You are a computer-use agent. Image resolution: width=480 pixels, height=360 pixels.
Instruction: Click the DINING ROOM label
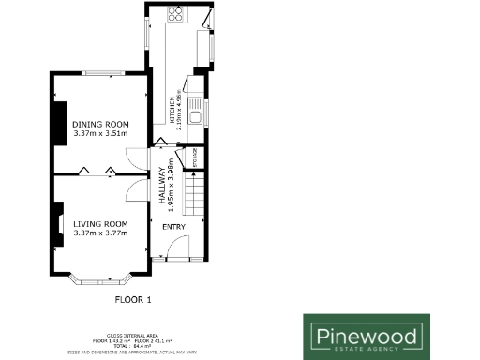(100, 124)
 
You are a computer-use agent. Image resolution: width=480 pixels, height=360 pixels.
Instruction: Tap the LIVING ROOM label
(100, 223)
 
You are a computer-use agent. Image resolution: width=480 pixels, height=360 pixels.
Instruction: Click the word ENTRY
(173, 227)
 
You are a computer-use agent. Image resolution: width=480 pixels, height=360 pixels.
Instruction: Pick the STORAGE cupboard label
(193, 157)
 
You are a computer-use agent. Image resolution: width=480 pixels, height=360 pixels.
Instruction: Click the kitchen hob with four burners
(175, 14)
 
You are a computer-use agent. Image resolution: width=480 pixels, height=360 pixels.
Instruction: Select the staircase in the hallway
(194, 197)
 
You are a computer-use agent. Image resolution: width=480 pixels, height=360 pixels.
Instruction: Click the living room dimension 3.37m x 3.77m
(100, 232)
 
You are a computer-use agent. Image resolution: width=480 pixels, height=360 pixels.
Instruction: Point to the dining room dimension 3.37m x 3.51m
(100, 133)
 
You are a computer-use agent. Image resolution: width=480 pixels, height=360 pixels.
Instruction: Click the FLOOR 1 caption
(132, 300)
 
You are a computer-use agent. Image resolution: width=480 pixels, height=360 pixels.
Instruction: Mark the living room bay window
(101, 277)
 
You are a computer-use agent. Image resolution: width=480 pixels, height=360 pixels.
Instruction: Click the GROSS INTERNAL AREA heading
(131, 334)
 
